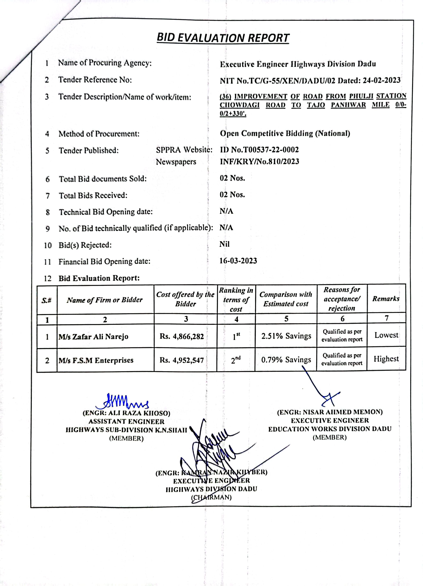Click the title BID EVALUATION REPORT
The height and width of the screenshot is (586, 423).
[223, 38]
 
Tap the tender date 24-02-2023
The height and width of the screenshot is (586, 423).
[381, 81]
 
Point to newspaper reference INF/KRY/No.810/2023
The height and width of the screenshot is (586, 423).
[259, 162]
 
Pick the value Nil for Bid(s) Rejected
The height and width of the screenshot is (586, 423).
[224, 244]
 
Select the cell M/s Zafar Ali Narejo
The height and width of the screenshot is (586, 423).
[93, 337]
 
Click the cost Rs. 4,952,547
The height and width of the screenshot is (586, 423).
[182, 360]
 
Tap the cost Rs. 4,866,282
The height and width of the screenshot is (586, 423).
[182, 336]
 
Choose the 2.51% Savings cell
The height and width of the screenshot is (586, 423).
[286, 336]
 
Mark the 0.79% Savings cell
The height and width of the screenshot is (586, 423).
[286, 360]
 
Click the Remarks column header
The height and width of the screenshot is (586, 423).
[386, 299]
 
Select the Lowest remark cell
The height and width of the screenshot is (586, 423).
[386, 335]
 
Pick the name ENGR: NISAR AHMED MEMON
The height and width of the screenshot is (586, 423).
[330, 412]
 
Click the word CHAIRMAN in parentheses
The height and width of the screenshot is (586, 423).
[211, 497]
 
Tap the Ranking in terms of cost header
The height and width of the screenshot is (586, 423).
[236, 300]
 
